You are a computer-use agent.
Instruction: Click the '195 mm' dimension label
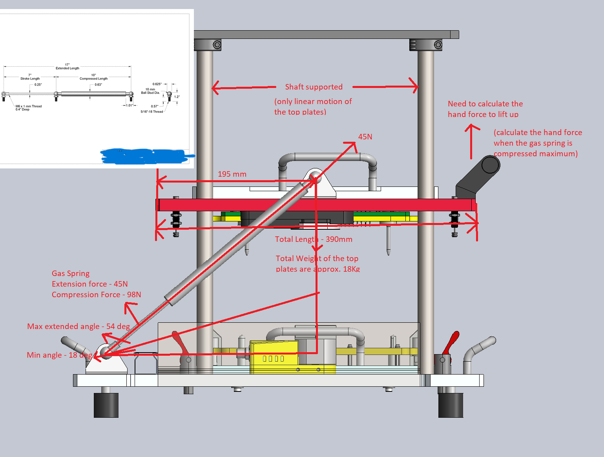click(232, 174)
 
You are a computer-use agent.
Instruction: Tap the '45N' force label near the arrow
click(365, 137)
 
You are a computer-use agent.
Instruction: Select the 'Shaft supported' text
click(314, 87)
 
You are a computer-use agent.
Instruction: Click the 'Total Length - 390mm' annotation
click(314, 239)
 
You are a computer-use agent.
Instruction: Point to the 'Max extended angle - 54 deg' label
click(78, 326)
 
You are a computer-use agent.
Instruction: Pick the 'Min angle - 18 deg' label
click(59, 355)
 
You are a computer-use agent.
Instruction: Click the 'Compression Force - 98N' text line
click(96, 294)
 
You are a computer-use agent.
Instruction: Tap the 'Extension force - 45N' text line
click(89, 284)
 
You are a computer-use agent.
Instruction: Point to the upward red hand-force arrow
click(472, 141)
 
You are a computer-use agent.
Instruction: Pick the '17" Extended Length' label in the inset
click(68, 66)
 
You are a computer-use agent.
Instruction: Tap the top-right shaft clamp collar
click(426, 45)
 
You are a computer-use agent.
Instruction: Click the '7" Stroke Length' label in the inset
click(30, 77)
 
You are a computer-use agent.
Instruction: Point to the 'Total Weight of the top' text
click(317, 258)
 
